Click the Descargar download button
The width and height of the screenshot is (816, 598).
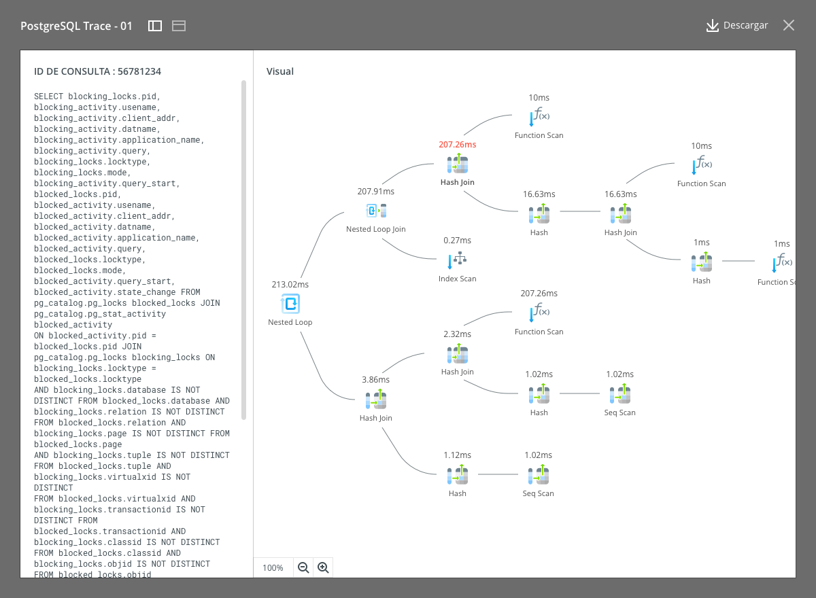pyautogui.click(x=736, y=25)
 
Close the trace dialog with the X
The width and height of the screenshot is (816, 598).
pyautogui.click(x=789, y=25)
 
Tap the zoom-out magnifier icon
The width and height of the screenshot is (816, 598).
pyautogui.click(x=303, y=567)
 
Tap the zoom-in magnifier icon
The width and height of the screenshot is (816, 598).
pyautogui.click(x=323, y=567)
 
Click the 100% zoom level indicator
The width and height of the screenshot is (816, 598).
pyautogui.click(x=273, y=568)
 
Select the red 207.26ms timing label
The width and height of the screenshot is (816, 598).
pyautogui.click(x=457, y=145)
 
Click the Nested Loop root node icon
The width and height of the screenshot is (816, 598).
pyautogui.click(x=290, y=304)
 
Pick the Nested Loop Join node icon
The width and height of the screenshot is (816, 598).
pyautogui.click(x=376, y=211)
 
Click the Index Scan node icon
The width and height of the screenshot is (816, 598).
pyautogui.click(x=457, y=260)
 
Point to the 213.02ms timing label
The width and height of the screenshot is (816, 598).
pyautogui.click(x=290, y=285)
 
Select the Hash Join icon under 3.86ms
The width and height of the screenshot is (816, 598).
pyautogui.click(x=376, y=399)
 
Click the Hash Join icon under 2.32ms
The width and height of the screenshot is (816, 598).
pyautogui.click(x=458, y=353)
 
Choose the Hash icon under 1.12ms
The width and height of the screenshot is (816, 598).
pyautogui.click(x=458, y=474)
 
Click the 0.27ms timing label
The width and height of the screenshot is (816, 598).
pyautogui.click(x=457, y=240)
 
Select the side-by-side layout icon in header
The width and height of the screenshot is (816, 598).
pyautogui.click(x=155, y=26)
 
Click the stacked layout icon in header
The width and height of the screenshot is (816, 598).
pyautogui.click(x=179, y=26)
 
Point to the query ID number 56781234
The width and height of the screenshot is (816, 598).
pyautogui.click(x=139, y=71)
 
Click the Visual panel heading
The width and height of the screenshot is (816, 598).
pyautogui.click(x=279, y=71)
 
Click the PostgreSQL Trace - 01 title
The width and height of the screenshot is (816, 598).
pyautogui.click(x=76, y=27)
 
